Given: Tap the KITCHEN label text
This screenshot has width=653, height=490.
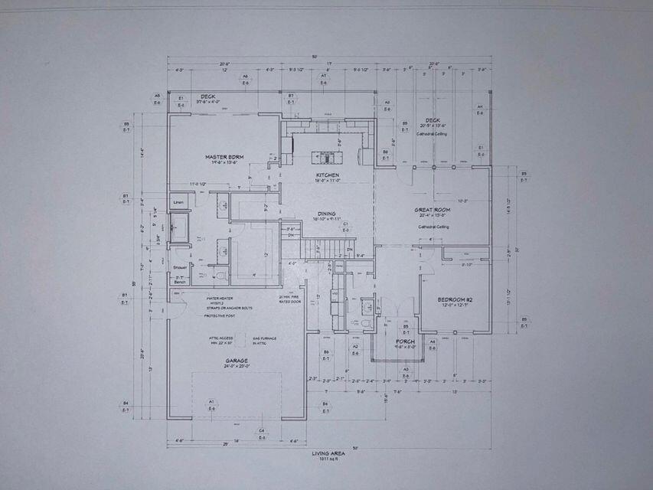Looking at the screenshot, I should tap(327, 175).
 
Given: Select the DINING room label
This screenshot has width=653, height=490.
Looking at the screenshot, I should tap(327, 214).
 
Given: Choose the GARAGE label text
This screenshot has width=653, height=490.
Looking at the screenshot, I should tap(235, 360).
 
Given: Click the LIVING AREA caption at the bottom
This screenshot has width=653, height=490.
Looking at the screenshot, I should tap(329, 453).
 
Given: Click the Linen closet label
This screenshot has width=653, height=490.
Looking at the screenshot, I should tap(178, 202).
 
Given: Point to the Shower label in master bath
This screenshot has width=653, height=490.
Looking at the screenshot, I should tap(178, 267).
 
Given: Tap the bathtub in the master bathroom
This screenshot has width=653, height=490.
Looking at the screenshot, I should tap(179, 228).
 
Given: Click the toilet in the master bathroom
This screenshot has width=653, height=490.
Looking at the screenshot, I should tap(221, 275).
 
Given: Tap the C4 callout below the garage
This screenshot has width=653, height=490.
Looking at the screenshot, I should tap(261, 432).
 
